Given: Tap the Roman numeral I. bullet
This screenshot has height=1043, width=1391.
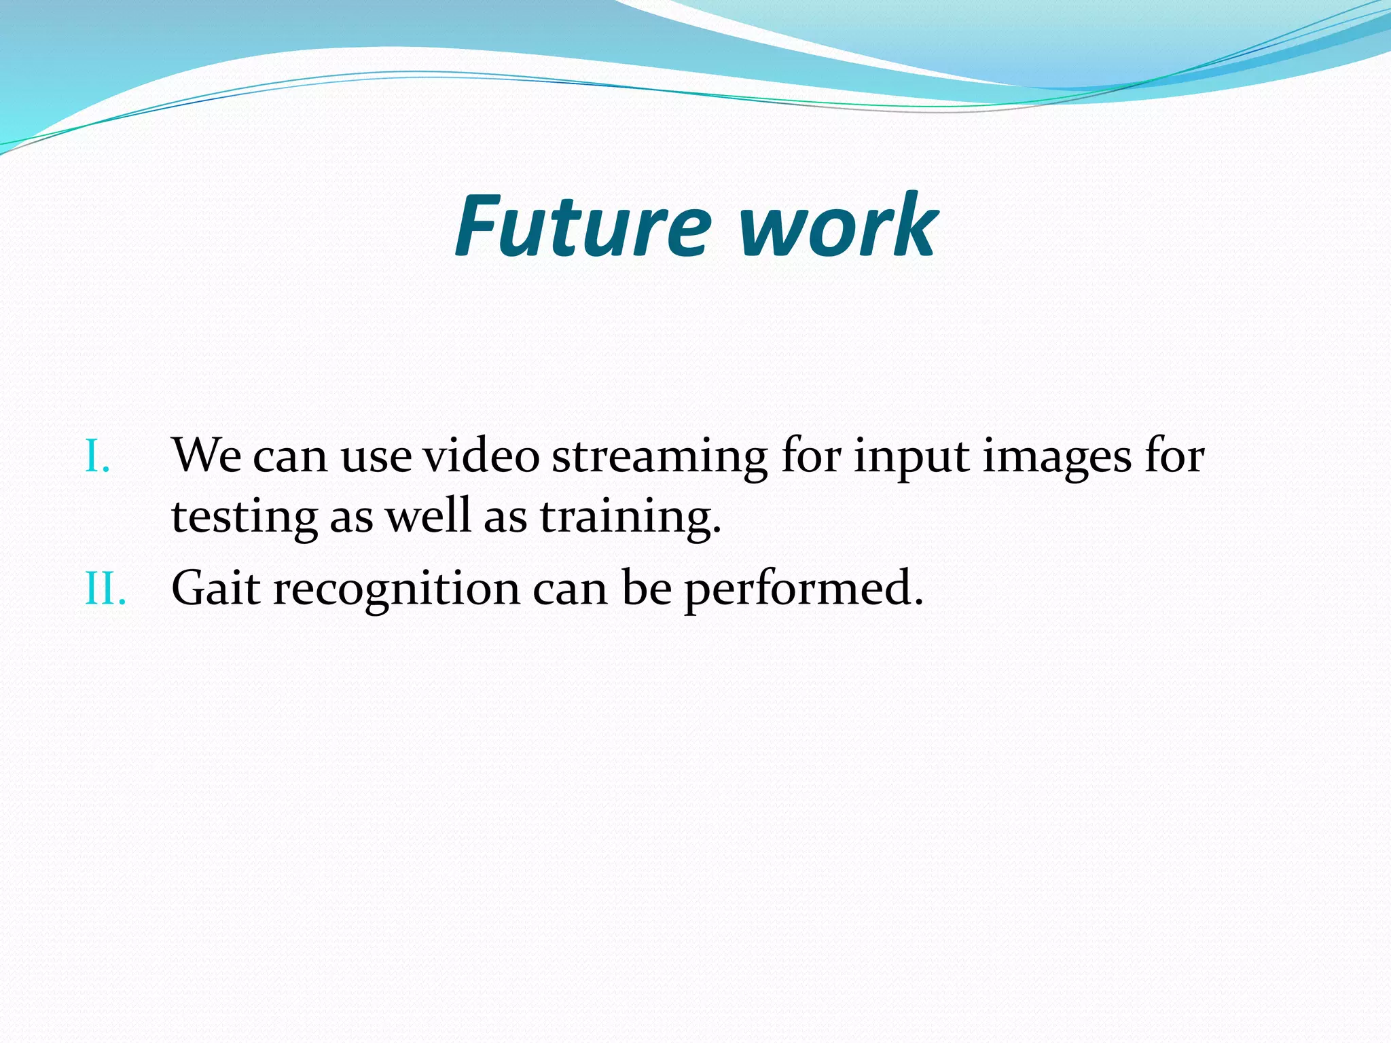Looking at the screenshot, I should [97, 456].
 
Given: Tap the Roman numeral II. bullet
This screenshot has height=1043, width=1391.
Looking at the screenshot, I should [105, 588].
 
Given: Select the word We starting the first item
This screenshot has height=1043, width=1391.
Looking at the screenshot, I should [206, 455].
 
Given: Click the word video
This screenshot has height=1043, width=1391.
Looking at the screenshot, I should [481, 455].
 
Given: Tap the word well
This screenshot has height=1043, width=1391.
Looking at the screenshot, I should [429, 516].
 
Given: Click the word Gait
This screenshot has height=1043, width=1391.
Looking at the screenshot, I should [215, 588].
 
